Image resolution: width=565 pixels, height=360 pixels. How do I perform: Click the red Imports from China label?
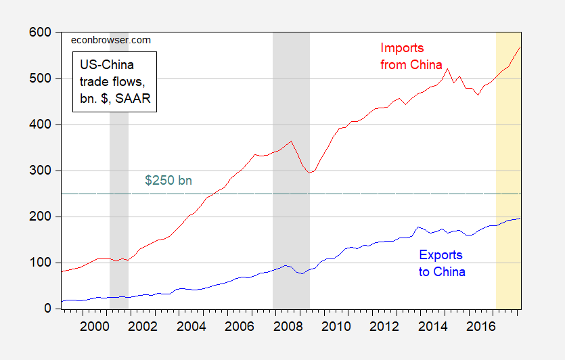(411, 57)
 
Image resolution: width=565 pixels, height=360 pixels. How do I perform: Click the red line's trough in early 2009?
(309, 173)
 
